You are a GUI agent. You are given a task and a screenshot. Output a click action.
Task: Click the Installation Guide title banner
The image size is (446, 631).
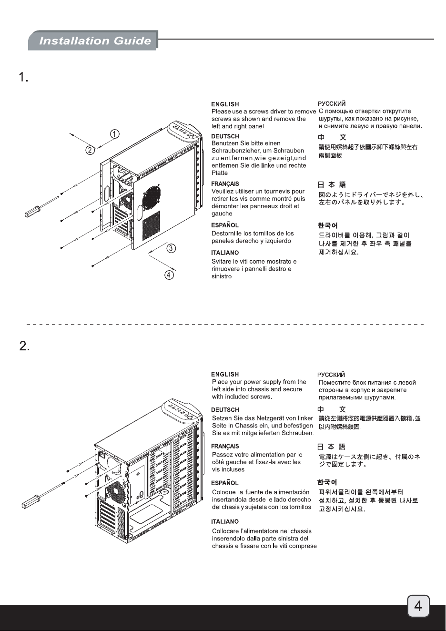93,41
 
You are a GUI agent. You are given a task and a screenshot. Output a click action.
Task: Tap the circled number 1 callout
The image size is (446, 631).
114,134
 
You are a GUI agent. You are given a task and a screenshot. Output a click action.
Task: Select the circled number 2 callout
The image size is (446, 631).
90,150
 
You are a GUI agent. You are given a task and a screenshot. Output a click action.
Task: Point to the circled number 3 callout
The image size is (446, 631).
171,248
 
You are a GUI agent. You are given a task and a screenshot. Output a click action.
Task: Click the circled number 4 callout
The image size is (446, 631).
169,275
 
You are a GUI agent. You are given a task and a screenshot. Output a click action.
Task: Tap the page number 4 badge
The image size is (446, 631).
418,606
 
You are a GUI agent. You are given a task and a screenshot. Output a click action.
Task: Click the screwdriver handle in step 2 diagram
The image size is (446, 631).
30,502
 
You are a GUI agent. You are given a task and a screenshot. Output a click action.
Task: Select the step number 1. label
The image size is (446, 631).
23,77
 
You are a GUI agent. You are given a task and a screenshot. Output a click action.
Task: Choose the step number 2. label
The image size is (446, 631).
24,346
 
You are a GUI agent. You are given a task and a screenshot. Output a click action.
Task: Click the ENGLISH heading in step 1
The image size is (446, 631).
225,104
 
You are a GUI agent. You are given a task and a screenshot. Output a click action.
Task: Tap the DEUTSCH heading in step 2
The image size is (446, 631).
225,410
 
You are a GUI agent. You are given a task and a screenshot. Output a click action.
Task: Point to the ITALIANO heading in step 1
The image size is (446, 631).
225,253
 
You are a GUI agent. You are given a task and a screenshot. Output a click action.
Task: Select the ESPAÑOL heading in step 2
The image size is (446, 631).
225,483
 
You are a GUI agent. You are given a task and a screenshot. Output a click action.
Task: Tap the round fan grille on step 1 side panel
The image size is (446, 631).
152,198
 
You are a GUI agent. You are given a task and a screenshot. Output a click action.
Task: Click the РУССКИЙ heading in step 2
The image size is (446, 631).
331,375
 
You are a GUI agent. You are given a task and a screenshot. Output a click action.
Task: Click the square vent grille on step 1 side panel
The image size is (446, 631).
151,225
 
